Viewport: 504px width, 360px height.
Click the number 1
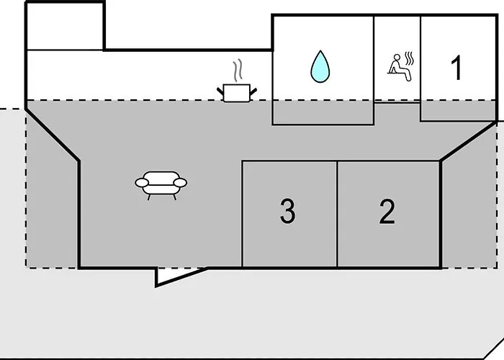[456, 68]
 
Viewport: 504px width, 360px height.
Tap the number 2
[387, 212]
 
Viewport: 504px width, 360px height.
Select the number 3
[287, 212]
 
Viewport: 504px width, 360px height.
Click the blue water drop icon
[319, 67]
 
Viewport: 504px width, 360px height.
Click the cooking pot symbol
[235, 92]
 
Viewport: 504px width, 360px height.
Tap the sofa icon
[161, 182]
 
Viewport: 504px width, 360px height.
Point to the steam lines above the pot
[236, 72]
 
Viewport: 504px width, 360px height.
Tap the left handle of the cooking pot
[220, 89]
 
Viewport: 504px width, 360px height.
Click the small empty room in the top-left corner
[65, 25]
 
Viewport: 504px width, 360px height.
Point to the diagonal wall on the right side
[468, 141]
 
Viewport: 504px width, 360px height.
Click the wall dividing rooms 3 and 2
[337, 214]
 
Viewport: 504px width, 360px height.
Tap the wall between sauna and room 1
[420, 58]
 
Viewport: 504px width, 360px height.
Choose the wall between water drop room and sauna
[374, 58]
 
